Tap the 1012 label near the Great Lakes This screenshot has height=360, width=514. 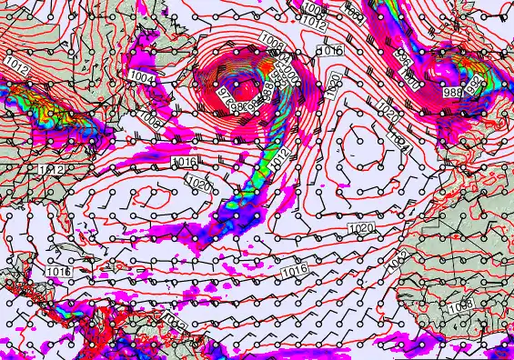pos(14,62)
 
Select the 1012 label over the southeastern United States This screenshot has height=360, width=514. pos(52,170)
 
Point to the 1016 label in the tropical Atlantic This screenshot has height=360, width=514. pos(294,271)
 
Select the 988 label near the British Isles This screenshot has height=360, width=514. pos(452,92)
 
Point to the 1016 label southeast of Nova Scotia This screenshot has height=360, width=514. pos(184,161)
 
